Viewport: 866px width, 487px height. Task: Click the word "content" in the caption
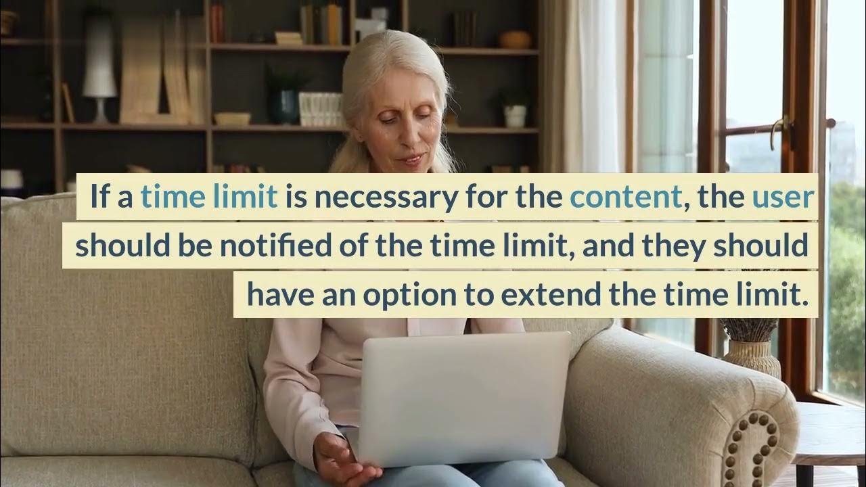[625, 196]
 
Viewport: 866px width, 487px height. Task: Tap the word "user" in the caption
[783, 196]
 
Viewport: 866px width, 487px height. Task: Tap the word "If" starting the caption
[99, 196]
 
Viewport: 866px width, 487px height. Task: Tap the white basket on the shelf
[320, 108]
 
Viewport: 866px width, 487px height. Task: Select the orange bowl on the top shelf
[515, 39]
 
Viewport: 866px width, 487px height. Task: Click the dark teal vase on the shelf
[284, 107]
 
